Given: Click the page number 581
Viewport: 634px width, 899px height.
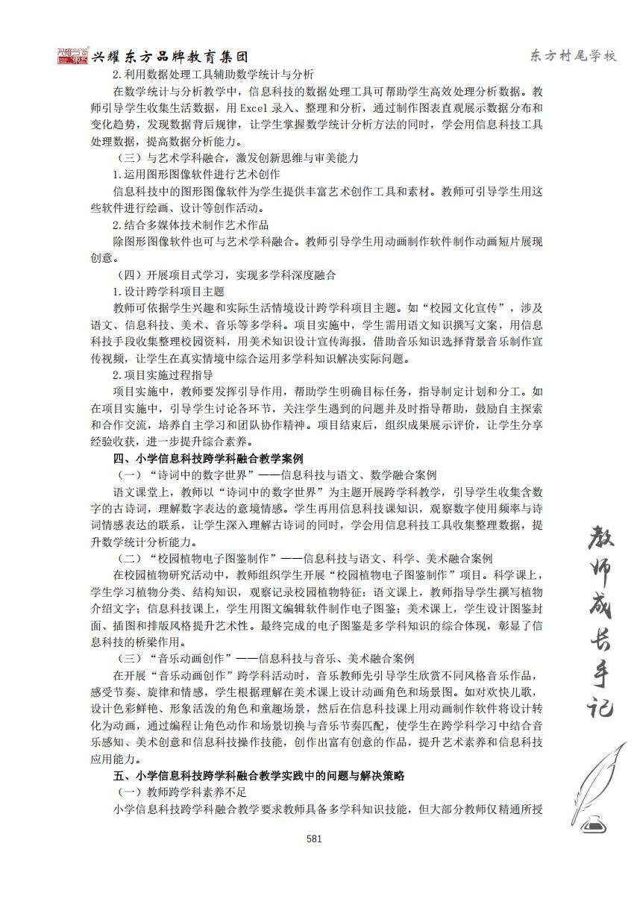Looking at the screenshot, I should point(314,838).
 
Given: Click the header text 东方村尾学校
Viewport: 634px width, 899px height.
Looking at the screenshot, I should point(573,57).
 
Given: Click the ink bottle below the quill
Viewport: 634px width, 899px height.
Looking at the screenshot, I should point(594,824).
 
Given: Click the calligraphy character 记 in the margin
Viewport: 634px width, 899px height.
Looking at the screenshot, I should point(594,704).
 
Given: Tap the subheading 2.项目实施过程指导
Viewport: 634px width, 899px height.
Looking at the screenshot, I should point(163,375).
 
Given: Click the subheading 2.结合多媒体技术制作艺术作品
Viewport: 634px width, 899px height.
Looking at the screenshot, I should point(190,225).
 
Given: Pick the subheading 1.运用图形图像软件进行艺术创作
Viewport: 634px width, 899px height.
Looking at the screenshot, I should point(195,175).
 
